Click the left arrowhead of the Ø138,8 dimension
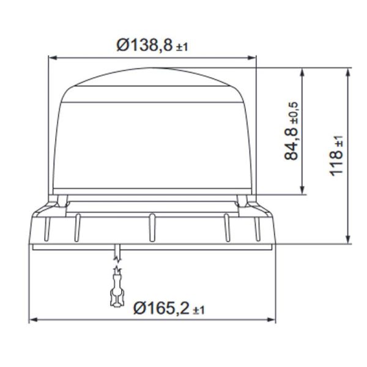click(52, 59)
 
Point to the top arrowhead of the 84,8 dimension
click(302, 72)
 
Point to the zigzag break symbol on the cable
click(116, 267)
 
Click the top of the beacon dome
click(152, 69)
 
